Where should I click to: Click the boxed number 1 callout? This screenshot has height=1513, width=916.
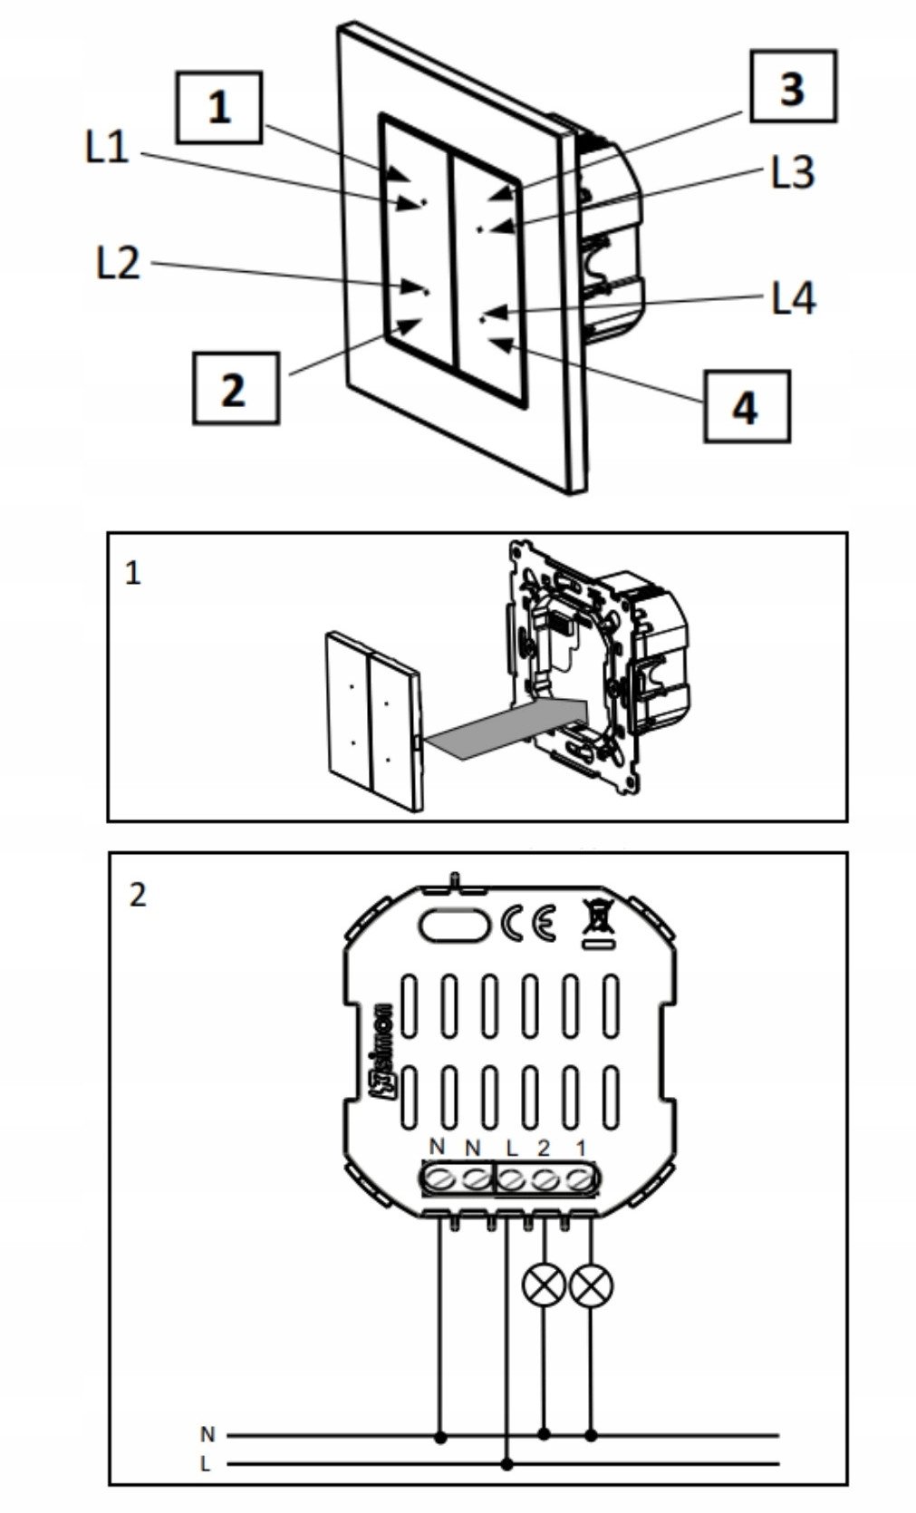click(x=220, y=108)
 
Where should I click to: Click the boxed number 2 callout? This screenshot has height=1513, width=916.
click(x=234, y=389)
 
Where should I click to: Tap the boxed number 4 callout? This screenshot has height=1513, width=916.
click(x=745, y=406)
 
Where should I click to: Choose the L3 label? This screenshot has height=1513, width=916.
click(x=793, y=172)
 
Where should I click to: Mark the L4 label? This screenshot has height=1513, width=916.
click(x=794, y=298)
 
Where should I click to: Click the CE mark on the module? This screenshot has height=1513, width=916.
click(x=528, y=926)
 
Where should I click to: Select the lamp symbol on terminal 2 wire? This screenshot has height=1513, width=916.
click(x=545, y=1284)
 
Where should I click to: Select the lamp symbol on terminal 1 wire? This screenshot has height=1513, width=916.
click(x=593, y=1284)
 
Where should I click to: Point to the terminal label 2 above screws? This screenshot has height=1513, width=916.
click(x=544, y=1149)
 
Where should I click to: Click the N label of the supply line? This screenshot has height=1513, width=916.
click(x=207, y=1435)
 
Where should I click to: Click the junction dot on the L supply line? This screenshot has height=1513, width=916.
click(x=507, y=1463)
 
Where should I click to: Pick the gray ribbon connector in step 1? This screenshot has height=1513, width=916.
click(x=507, y=725)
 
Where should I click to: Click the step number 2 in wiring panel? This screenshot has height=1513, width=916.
click(x=138, y=896)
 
